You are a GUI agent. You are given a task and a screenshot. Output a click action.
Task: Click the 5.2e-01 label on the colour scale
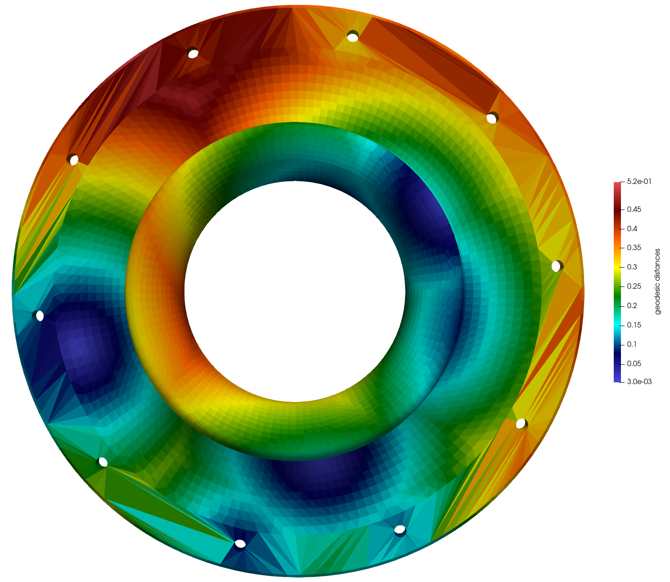[639, 181]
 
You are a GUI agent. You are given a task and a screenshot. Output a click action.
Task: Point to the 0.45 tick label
[634, 209]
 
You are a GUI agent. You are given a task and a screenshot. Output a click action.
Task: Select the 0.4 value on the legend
[632, 228]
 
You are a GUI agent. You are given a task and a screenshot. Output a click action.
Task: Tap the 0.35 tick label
[634, 247]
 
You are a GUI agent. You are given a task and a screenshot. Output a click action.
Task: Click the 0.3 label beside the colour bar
[632, 267]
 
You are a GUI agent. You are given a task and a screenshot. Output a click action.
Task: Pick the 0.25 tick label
[634, 286]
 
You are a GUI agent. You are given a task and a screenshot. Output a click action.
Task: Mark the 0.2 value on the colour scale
[632, 305]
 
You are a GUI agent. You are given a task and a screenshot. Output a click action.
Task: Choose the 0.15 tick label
[634, 325]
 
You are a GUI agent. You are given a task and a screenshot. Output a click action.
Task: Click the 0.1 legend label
[632, 344]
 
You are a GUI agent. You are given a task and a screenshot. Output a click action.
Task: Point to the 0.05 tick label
[634, 363]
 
